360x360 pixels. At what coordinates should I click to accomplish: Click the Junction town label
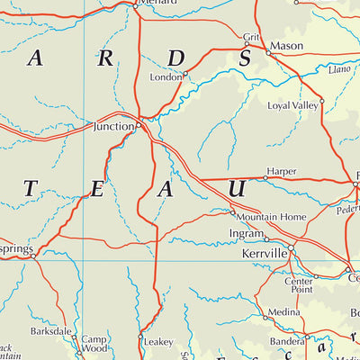[113, 127]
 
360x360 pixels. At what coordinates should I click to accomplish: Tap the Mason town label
[288, 46]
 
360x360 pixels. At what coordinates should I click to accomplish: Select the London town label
[166, 77]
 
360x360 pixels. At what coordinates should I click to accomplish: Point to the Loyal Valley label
[293, 105]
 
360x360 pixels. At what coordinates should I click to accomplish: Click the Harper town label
[280, 170]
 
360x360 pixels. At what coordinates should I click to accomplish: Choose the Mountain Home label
[267, 218]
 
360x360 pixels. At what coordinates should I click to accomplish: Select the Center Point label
[299, 285]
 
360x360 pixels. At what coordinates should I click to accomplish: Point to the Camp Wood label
[94, 343]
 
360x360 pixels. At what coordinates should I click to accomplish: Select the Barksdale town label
[50, 331]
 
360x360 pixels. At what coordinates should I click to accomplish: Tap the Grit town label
[251, 37]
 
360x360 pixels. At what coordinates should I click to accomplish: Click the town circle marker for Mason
[267, 52]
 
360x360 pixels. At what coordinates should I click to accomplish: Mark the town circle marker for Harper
[265, 178]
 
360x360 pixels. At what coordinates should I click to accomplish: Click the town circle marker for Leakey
[140, 338]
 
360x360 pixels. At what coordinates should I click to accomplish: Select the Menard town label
[158, 3]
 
